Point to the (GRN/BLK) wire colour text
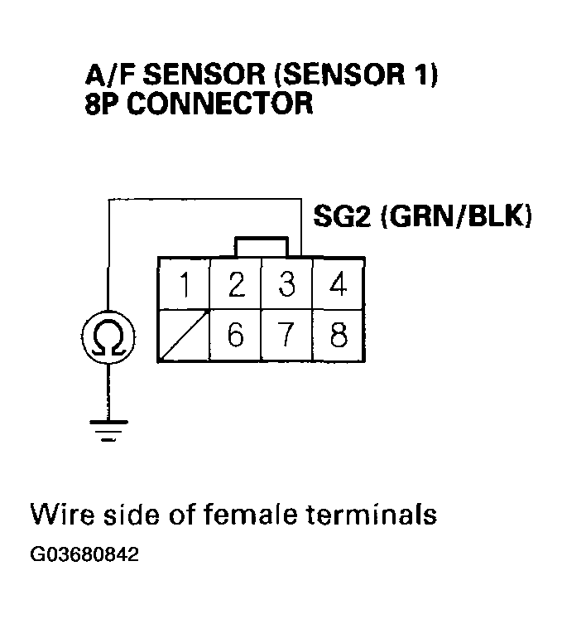[x=454, y=217]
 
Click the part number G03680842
[x=85, y=554]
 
